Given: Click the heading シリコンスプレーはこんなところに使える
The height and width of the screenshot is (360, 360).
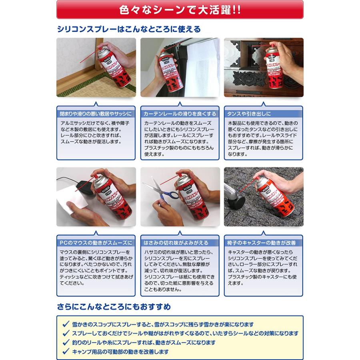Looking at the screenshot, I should pyautogui.click(x=129, y=29).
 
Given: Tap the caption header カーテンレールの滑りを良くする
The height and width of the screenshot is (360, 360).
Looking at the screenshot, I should pyautogui.click(x=180, y=114).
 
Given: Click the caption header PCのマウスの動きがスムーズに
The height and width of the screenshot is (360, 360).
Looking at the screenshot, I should pyautogui.click(x=96, y=243).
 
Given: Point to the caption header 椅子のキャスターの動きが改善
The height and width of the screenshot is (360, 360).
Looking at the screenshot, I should pyautogui.click(x=262, y=243).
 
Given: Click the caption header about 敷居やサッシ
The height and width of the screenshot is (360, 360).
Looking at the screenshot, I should pyautogui.click(x=96, y=114).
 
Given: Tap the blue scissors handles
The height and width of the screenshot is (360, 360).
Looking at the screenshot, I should pyautogui.click(x=170, y=195).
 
